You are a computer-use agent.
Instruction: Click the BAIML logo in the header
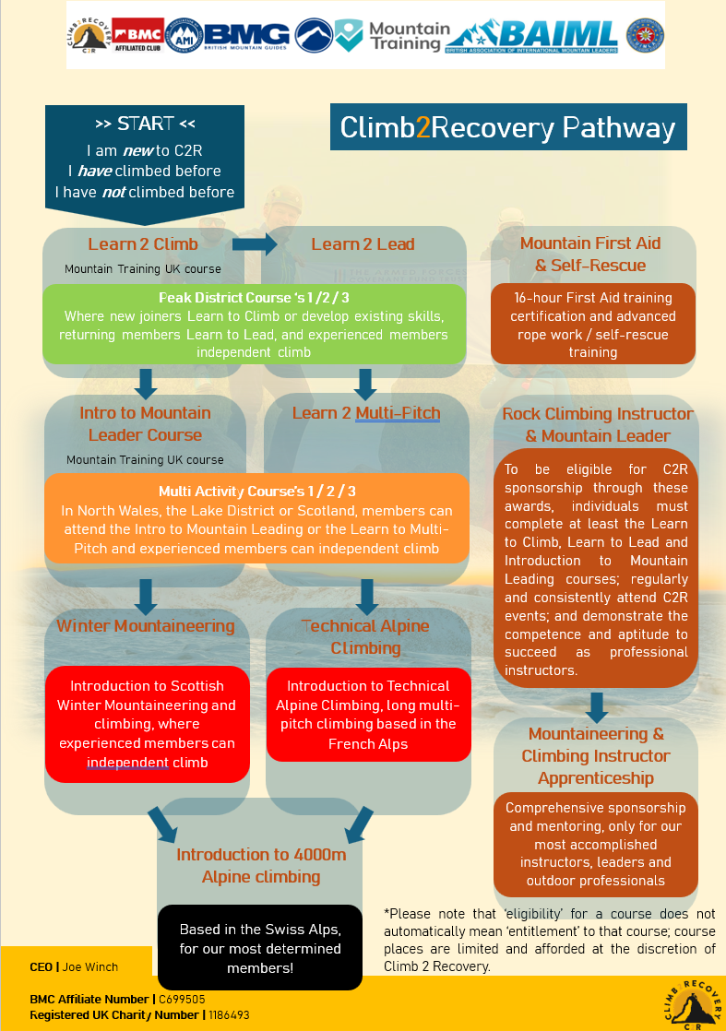(x=534, y=36)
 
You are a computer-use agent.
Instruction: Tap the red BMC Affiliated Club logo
(x=137, y=36)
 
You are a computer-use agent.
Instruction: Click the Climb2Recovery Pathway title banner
(x=508, y=127)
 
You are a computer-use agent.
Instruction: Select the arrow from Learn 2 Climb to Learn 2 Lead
(x=255, y=244)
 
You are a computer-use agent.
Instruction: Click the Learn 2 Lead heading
(x=363, y=244)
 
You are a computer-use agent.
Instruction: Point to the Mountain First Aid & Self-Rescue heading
(x=590, y=255)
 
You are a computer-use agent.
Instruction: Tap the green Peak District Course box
(x=254, y=325)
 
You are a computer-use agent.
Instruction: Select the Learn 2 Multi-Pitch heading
(x=365, y=413)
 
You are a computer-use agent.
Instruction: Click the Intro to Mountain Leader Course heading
(x=145, y=424)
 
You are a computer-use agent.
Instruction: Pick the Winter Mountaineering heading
(x=146, y=626)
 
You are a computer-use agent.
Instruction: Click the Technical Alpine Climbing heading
(x=365, y=637)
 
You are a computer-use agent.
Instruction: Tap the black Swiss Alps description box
(x=260, y=948)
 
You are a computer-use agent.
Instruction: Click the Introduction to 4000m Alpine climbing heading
(x=261, y=866)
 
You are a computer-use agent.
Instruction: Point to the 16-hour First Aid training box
(x=592, y=325)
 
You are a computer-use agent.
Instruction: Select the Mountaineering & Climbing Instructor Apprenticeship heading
(x=595, y=756)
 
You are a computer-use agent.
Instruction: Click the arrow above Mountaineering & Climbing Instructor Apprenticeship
(x=597, y=706)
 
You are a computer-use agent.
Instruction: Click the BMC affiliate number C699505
(x=182, y=999)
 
